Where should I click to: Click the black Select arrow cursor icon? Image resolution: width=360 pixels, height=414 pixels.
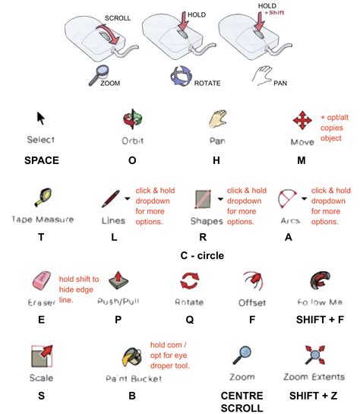pos(42,119)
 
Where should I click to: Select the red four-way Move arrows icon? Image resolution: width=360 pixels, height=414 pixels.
pos(303,121)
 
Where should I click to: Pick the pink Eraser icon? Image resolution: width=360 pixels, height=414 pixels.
pos(40,280)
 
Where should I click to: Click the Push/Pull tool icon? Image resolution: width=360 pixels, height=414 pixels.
pos(118,279)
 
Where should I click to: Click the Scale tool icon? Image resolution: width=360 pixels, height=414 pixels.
pos(42,356)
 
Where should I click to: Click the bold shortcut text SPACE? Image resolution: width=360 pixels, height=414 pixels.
pos(42,160)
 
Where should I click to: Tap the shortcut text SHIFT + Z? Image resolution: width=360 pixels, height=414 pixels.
pos(314,395)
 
